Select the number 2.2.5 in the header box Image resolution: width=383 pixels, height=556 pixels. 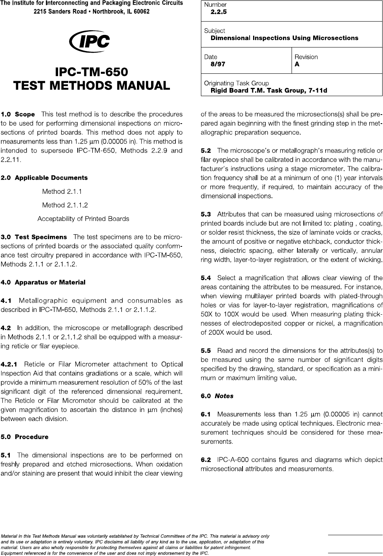click(x=219, y=12)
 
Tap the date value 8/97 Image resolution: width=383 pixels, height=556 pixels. click(x=218, y=64)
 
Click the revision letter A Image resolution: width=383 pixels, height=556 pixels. click(x=297, y=64)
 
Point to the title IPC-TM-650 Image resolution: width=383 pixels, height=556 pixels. click(x=91, y=73)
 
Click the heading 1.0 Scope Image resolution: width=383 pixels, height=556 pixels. click(x=18, y=115)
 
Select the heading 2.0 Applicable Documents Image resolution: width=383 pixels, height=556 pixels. click(x=44, y=178)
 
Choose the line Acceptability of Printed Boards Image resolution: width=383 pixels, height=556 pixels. click(x=83, y=219)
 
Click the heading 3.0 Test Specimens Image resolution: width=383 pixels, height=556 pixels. click(x=34, y=237)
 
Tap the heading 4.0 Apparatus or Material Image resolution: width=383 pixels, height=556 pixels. click(x=43, y=282)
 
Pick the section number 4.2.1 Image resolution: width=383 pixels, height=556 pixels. click(x=12, y=364)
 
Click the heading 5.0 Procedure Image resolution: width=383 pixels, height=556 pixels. click(x=25, y=437)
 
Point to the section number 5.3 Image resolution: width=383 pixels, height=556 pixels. click(x=206, y=214)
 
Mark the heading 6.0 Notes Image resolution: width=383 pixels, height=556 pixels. click(x=217, y=396)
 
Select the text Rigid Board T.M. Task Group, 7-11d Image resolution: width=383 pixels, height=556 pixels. click(x=269, y=91)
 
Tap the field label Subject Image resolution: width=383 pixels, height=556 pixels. click(x=215, y=31)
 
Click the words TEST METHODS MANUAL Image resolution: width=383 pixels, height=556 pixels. click(x=91, y=86)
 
